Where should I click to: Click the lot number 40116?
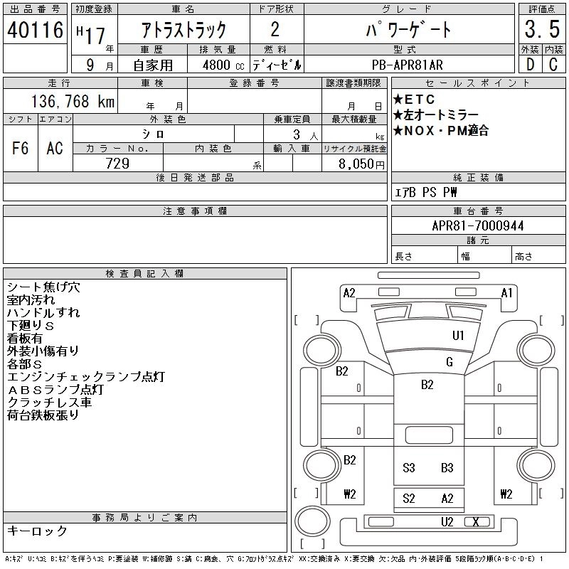(35, 30)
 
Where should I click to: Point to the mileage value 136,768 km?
(72, 102)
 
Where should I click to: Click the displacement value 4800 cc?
(218, 65)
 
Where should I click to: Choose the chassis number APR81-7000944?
(478, 225)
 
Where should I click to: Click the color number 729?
(117, 163)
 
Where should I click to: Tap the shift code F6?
(20, 148)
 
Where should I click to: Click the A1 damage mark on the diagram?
(507, 292)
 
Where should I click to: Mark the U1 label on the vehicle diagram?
(458, 335)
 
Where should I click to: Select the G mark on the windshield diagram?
(449, 362)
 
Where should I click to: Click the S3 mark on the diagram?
(409, 468)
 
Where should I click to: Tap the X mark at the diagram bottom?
(475, 522)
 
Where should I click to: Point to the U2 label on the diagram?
(447, 522)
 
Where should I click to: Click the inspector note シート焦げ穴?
(43, 287)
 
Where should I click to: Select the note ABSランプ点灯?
(55, 389)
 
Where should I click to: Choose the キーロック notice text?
(37, 531)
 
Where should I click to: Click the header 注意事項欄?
(195, 211)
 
